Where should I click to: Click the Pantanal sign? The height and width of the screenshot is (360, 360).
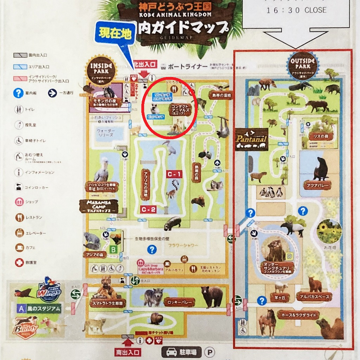coord(251,139)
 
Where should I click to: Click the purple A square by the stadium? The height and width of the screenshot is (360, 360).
coord(21,309)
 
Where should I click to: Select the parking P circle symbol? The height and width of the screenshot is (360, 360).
coord(210,352)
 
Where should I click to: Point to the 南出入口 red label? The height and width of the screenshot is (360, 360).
coord(128,352)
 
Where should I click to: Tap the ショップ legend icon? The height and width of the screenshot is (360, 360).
coord(19,202)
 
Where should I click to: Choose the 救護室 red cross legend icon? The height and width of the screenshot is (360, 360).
coord(19,262)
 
